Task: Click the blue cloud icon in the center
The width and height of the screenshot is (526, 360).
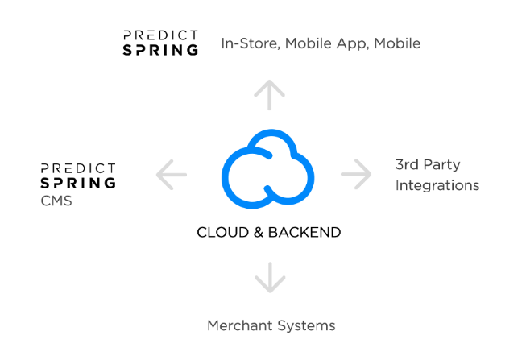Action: click(267, 169)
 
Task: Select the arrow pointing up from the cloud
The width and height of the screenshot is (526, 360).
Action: click(269, 95)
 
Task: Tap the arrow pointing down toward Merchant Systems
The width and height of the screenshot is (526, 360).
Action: click(269, 276)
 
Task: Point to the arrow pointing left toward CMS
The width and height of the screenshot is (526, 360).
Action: click(171, 174)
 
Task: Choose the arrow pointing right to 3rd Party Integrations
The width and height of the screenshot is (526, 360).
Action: click(354, 173)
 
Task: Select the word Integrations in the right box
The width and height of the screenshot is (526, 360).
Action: click(437, 185)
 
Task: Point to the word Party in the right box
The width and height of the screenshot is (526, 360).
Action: click(441, 164)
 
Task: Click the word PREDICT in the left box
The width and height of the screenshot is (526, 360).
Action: click(78, 168)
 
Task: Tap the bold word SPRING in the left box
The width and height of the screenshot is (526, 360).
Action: click(78, 184)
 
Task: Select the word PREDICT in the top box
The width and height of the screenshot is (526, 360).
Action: click(160, 35)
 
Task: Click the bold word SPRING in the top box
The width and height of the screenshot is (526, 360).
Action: click(160, 50)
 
